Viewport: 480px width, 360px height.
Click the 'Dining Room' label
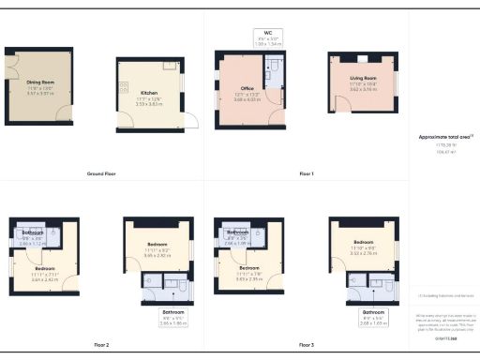click(39, 82)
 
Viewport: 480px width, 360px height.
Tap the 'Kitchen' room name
click(148, 94)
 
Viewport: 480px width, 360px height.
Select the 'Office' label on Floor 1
click(247, 88)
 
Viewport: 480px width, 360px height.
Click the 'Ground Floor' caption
click(100, 174)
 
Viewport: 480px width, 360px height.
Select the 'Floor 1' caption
click(307, 174)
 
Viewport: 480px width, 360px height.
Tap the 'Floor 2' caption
click(100, 345)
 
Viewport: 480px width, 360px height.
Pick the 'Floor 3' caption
click(307, 345)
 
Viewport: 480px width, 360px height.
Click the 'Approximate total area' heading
click(444, 137)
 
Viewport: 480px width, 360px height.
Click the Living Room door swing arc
click(343, 102)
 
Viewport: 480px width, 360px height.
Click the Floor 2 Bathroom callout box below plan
click(173, 316)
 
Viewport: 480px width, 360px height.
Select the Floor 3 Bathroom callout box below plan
click(374, 316)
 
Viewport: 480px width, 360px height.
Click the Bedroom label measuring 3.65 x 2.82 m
click(157, 250)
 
